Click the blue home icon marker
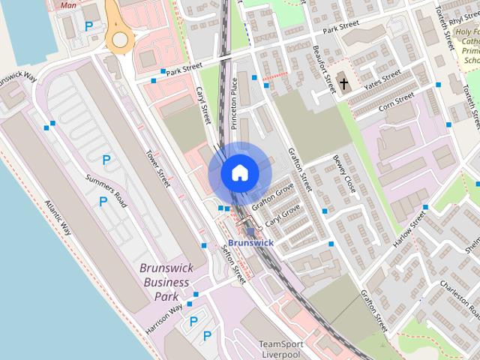tap(238, 173)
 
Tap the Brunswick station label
tap(250, 243)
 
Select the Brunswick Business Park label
tap(166, 282)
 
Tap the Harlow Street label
tap(408, 227)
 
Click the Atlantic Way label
tap(58, 217)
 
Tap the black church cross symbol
tap(343, 83)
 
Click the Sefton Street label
tap(234, 265)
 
